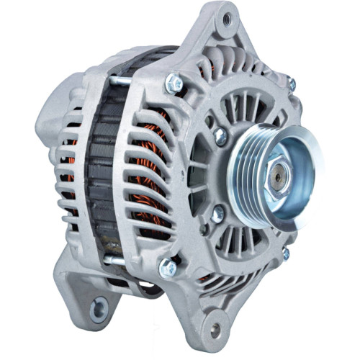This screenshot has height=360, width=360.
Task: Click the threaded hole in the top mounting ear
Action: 227,19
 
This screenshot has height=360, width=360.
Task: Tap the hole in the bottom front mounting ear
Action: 214,330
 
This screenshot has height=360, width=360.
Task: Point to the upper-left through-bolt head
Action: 173,84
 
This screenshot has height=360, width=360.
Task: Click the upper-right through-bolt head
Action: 291,85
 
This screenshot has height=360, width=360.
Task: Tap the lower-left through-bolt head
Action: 168,267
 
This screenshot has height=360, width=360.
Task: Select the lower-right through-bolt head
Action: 285,253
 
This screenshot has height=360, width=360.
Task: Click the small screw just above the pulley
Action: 220,135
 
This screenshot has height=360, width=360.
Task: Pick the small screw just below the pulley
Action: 217,213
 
